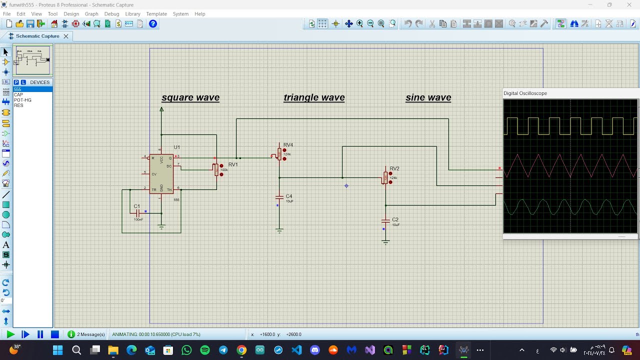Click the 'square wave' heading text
[x=190, y=97]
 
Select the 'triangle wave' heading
[x=314, y=97]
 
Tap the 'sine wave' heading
[x=428, y=97]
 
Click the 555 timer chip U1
[x=161, y=174]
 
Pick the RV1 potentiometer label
[x=233, y=164]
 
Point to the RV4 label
[x=288, y=145]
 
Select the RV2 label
[x=394, y=168]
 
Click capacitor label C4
[x=289, y=196]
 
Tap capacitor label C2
[x=395, y=219]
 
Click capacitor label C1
[x=137, y=206]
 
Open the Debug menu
[x=111, y=14]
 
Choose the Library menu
[x=132, y=14]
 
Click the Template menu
[x=156, y=14]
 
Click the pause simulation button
[x=40, y=334]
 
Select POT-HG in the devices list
[x=22, y=100]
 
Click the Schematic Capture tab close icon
[x=65, y=36]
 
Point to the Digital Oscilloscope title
[x=525, y=93]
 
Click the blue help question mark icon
[x=153, y=23]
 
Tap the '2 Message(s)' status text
[x=91, y=334]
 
